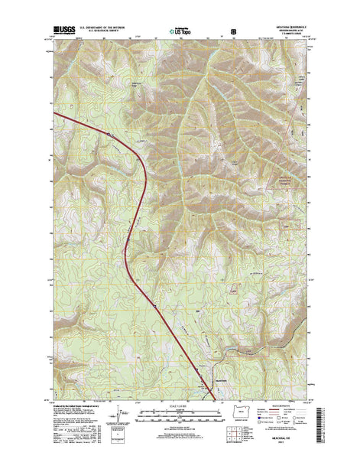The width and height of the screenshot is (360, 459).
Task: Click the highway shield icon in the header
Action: click(232, 34)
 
